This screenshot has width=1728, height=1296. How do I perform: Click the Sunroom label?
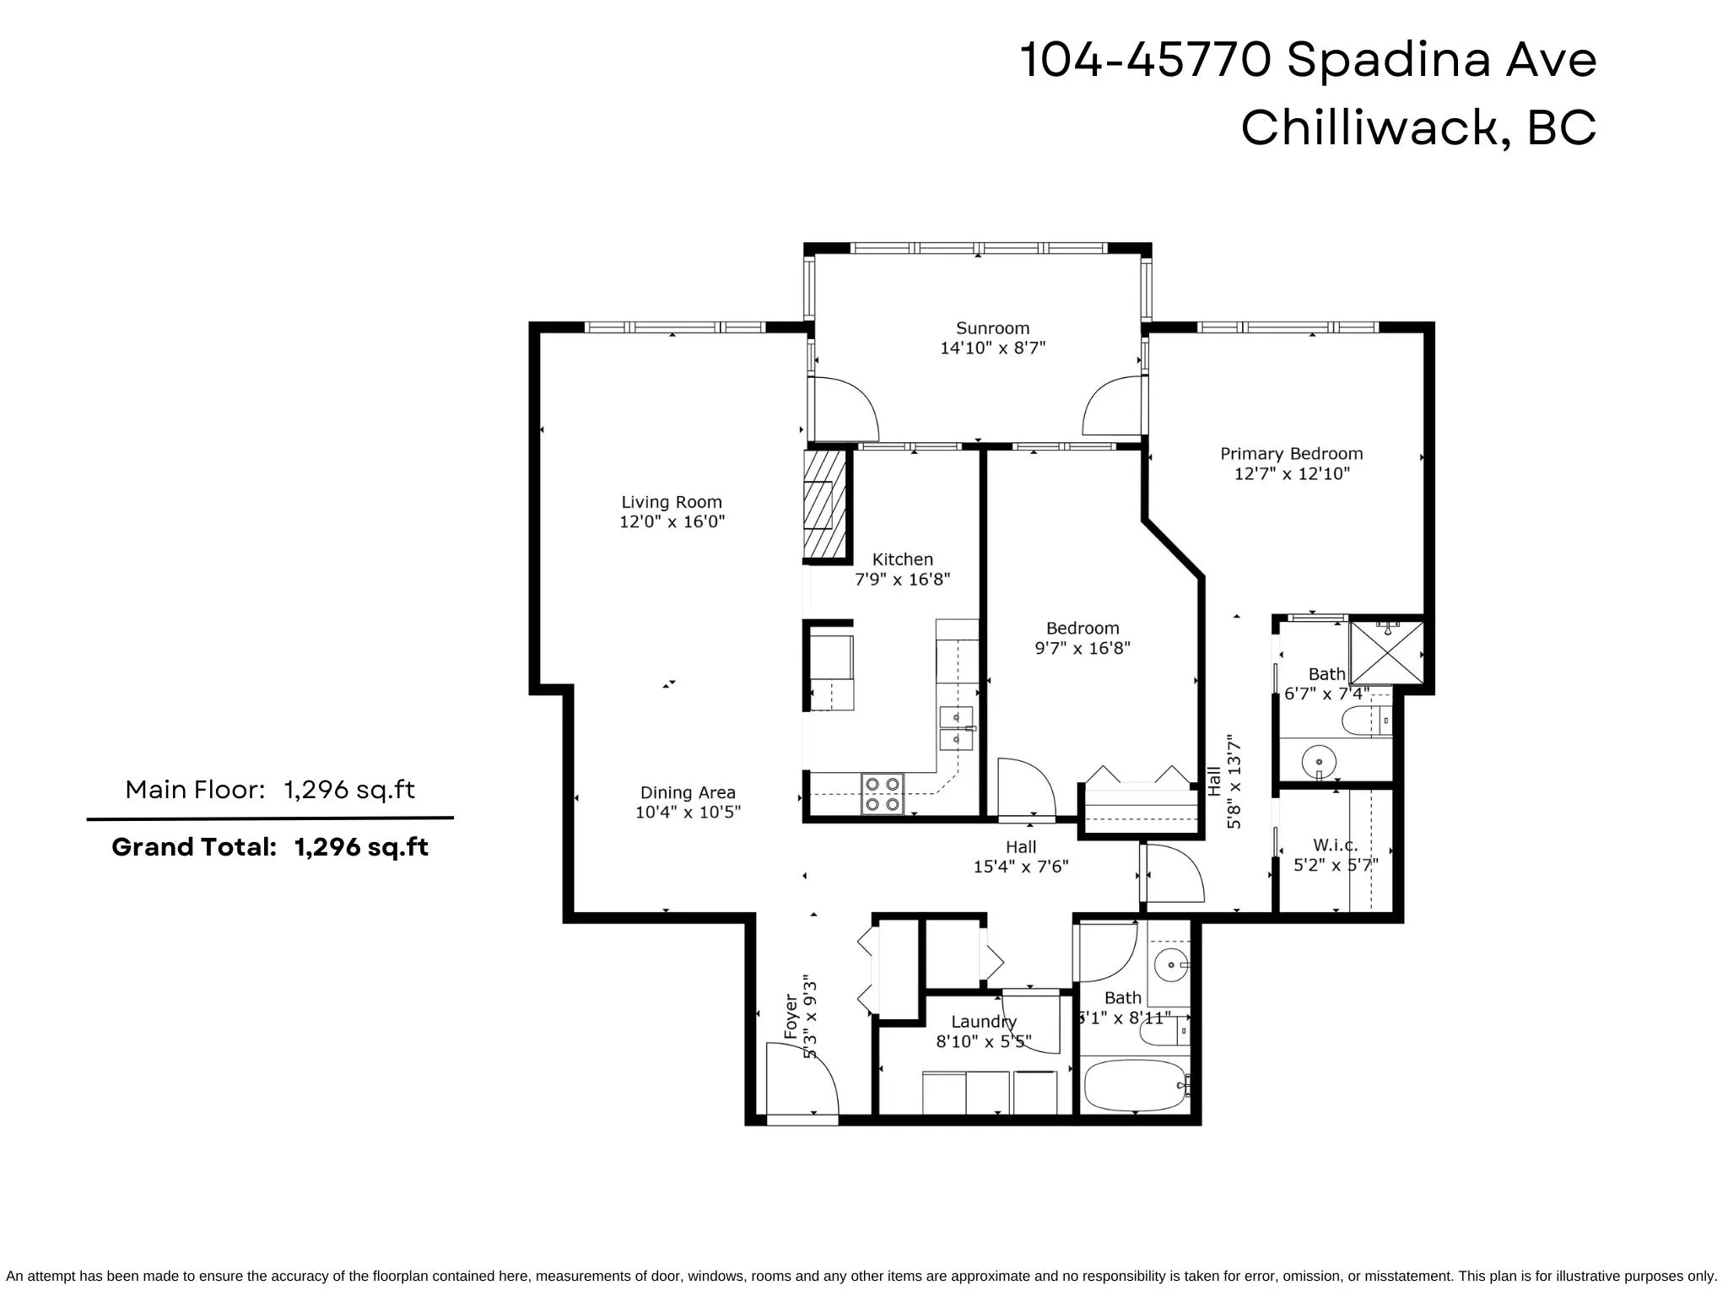coord(992,328)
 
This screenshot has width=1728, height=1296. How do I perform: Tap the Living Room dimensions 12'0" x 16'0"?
coord(672,521)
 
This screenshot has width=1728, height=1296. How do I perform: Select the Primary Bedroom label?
coord(1291,454)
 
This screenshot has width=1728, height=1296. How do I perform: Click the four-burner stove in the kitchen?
coord(882,794)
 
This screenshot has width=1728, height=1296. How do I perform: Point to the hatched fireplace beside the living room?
coord(824,505)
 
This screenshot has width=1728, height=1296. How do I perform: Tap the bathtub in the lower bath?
coord(1135,1086)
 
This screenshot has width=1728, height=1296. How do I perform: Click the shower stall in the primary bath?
coord(1386,652)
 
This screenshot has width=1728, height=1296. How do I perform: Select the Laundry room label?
coord(984,1022)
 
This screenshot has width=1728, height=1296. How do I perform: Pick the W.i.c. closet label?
coord(1336,845)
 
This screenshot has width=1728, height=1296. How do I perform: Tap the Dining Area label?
coord(688,793)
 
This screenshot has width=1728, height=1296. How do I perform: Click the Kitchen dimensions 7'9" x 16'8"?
coord(903,580)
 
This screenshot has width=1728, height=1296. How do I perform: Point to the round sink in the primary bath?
coord(1319,762)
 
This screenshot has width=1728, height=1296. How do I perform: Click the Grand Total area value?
coord(361,846)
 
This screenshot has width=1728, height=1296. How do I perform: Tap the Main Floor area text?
coord(270,790)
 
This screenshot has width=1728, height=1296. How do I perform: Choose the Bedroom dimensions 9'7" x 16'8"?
coord(1083,649)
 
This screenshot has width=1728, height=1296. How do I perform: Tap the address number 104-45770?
coord(1144,61)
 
